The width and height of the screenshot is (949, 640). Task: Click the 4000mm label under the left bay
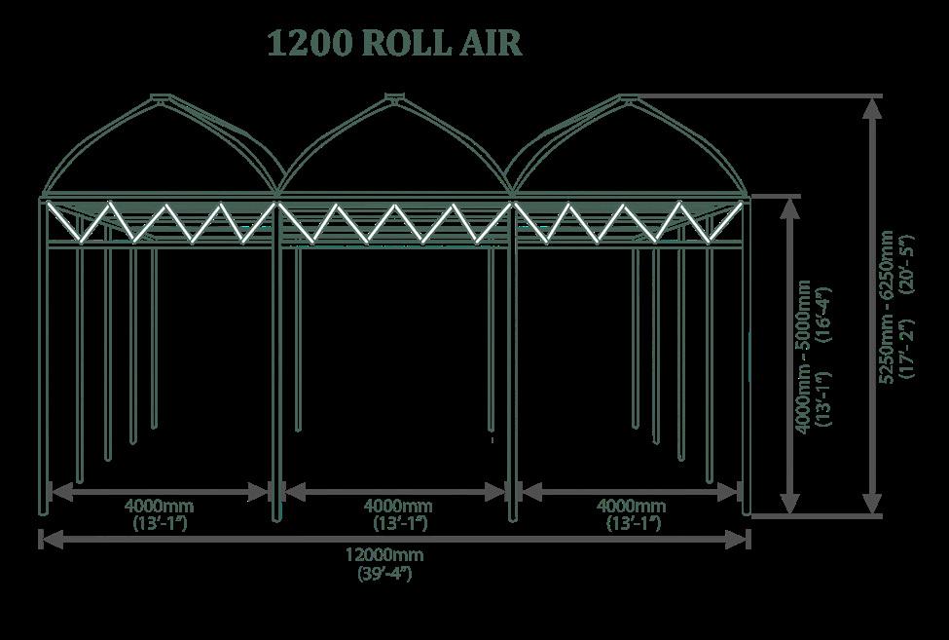pyautogui.click(x=160, y=506)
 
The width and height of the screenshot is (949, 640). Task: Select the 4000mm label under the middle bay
pyautogui.click(x=399, y=506)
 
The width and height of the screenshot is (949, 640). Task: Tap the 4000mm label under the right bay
pyautogui.click(x=632, y=506)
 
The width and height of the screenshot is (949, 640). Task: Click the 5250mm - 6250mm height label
pyautogui.click(x=887, y=307)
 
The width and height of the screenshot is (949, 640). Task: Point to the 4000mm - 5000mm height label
pyautogui.click(x=804, y=356)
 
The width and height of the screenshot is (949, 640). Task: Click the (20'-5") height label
pyautogui.click(x=908, y=258)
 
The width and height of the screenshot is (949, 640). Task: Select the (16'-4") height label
pyautogui.click(x=823, y=311)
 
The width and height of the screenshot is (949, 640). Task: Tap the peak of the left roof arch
pyautogui.click(x=160, y=96)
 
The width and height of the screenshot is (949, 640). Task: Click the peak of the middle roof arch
pyautogui.click(x=393, y=95)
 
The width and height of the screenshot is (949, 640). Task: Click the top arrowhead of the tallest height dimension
pyautogui.click(x=872, y=106)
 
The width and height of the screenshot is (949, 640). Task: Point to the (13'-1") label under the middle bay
pyautogui.click(x=400, y=523)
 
